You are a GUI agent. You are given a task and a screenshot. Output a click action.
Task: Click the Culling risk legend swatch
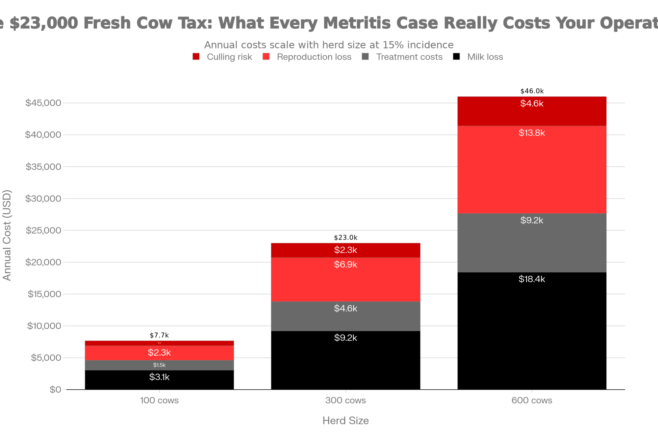196,57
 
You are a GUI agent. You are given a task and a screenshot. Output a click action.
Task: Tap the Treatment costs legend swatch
365,57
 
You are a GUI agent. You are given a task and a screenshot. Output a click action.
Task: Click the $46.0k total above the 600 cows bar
532,91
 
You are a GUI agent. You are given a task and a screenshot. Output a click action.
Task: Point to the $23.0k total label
345,238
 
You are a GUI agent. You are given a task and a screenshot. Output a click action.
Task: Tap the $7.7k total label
159,336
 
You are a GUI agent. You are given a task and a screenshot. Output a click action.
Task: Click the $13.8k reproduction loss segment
532,170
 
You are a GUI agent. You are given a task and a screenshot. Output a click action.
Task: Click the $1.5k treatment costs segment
159,365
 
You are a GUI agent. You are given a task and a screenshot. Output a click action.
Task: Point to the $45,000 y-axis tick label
43,103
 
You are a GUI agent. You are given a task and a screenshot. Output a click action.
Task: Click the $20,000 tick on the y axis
43,262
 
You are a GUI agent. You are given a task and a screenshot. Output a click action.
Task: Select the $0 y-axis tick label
55,390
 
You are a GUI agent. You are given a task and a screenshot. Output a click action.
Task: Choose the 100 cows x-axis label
159,400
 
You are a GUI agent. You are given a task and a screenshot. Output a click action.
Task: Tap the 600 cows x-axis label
532,400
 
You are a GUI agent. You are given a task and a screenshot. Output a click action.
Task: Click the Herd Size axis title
345,421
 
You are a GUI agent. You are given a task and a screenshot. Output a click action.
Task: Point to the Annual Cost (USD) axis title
7,235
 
